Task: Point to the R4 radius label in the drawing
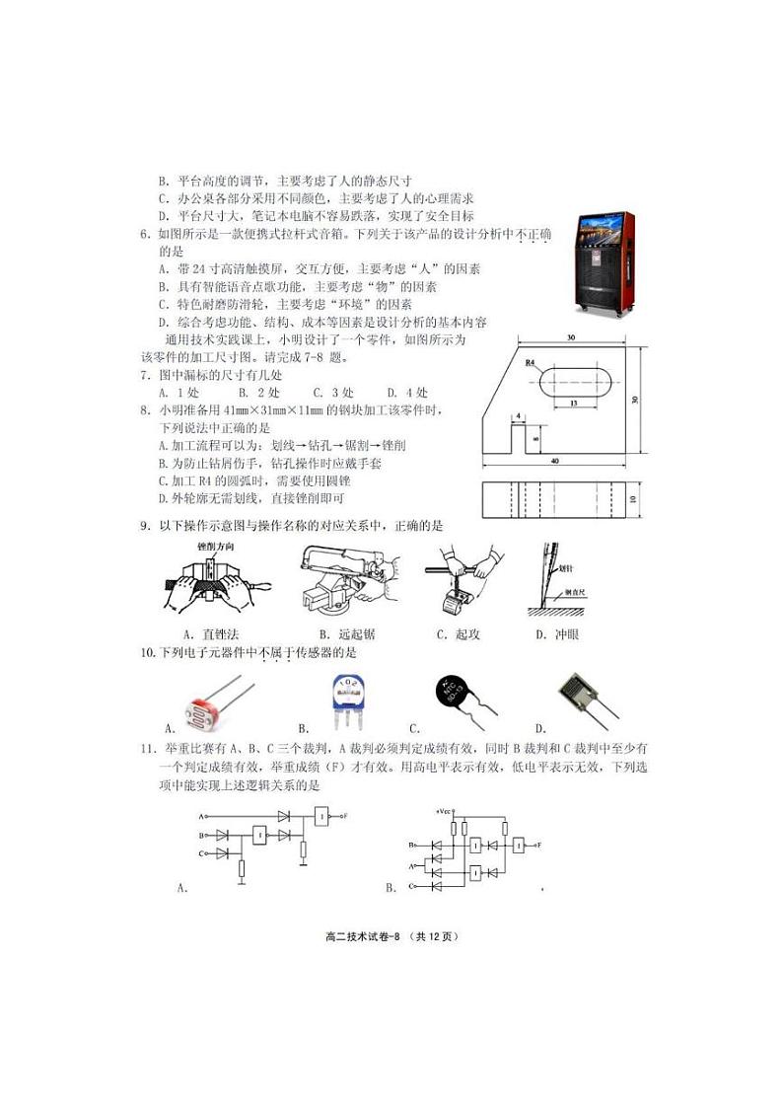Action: point(531,364)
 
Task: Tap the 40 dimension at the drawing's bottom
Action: point(554,461)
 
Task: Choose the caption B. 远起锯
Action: point(345,634)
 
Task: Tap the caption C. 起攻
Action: point(458,634)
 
